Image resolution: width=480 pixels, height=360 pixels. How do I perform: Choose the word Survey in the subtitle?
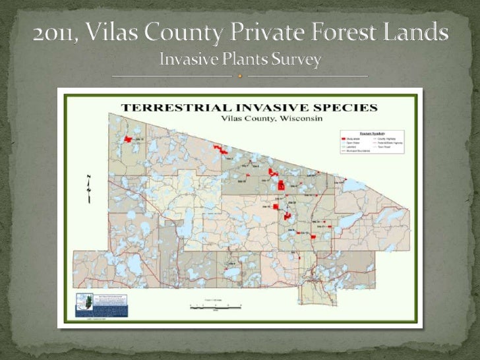click(295, 60)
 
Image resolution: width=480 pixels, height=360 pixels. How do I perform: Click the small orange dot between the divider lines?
click(240, 76)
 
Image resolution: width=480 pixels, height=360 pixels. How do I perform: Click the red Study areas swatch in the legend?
click(344, 139)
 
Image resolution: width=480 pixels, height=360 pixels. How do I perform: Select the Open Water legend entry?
click(353, 143)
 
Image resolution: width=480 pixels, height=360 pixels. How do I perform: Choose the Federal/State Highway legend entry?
click(389, 143)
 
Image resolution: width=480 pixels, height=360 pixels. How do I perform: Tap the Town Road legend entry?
click(386, 147)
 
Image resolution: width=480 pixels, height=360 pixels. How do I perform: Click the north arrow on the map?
click(88, 187)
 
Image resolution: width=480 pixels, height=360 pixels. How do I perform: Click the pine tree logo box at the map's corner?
click(100, 304)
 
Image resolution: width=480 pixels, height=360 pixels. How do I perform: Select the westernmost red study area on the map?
click(129, 139)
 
